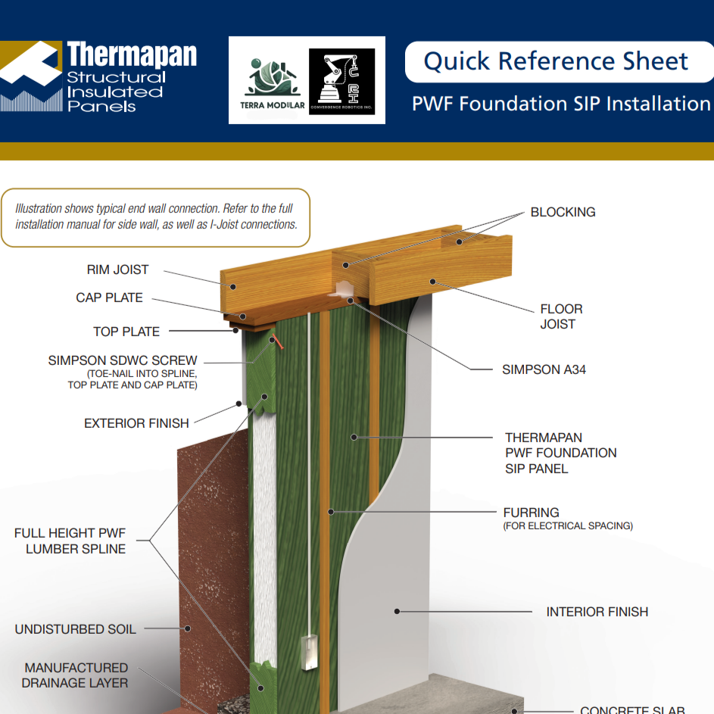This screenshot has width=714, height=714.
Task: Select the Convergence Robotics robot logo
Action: [341, 80]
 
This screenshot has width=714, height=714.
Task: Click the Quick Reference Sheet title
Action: [556, 61]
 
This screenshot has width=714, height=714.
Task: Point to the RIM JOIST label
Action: [117, 270]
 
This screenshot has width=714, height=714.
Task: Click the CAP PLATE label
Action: [109, 298]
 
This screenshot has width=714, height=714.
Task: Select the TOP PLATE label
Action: [126, 332]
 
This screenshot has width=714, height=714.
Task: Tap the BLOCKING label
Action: [563, 212]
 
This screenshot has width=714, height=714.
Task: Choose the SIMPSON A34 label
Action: [544, 370]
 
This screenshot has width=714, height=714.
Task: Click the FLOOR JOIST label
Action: [561, 316]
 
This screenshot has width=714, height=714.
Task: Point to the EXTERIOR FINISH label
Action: [136, 423]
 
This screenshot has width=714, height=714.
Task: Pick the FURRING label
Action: [531, 513]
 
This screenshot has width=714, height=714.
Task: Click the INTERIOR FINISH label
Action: [597, 612]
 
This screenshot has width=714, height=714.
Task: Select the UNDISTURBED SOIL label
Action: [76, 629]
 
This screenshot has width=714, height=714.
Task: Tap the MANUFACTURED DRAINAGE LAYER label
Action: [76, 675]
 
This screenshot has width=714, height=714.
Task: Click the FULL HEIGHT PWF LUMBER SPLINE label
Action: [70, 541]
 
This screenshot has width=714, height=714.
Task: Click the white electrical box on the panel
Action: [309, 653]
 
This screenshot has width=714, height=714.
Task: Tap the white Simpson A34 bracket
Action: [341, 289]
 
